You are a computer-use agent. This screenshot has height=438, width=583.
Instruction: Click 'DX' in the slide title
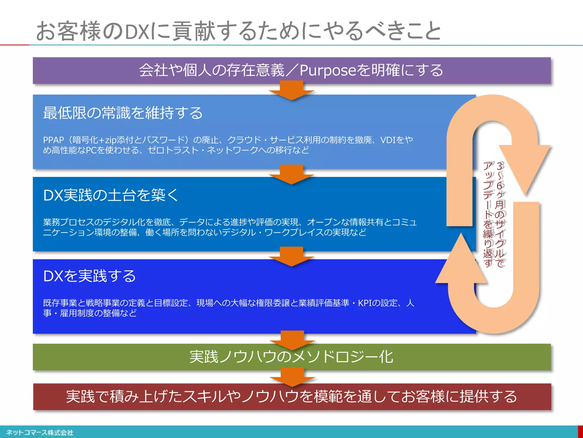(137, 32)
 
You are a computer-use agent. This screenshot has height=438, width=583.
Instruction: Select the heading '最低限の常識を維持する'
(123, 113)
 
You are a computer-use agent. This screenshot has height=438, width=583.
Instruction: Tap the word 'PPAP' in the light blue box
(54, 140)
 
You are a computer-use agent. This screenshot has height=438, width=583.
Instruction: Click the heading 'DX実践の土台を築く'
(111, 195)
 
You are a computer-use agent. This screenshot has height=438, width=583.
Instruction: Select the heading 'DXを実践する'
(89, 276)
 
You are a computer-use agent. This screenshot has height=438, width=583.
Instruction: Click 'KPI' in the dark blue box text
(365, 303)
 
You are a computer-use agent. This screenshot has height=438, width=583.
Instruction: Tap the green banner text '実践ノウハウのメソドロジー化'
(291, 357)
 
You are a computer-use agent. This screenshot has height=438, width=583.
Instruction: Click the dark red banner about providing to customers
(291, 397)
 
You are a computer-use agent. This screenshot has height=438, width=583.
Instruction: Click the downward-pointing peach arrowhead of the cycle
(524, 165)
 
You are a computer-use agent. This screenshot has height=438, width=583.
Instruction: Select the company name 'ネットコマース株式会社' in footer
(40, 433)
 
